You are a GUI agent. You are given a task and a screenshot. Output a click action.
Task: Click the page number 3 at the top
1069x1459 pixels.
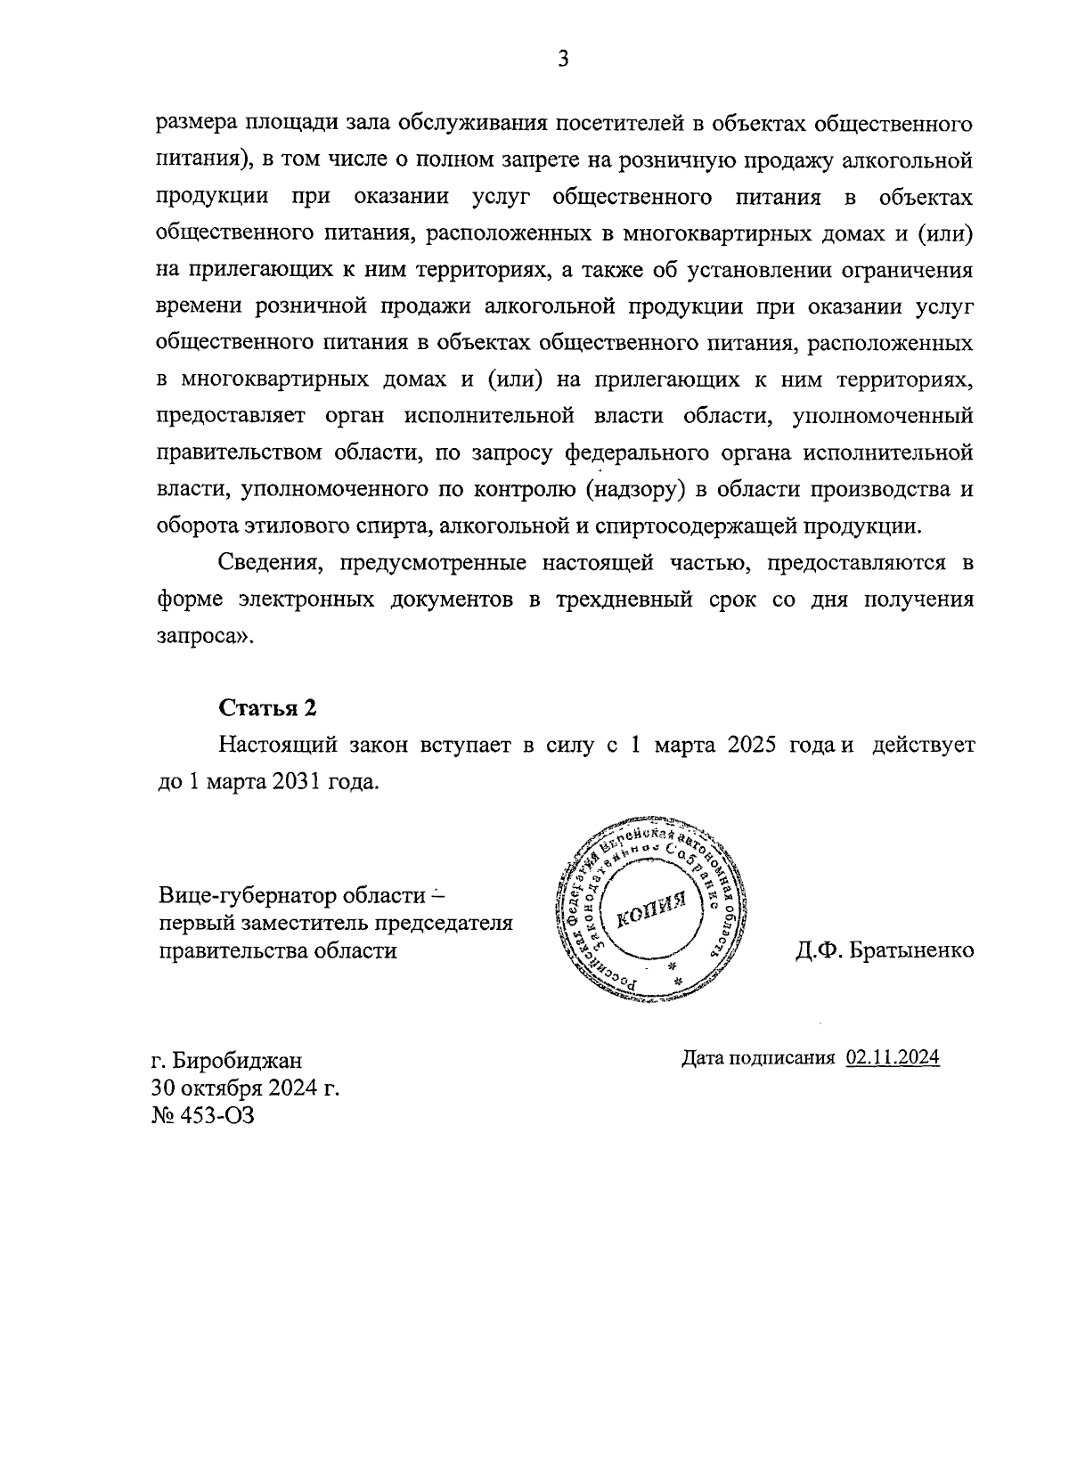coord(561,60)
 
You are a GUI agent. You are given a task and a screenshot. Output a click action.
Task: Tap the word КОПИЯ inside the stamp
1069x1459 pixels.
coord(648,910)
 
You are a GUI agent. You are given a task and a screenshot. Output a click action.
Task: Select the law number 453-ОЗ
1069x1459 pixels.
coord(218,1115)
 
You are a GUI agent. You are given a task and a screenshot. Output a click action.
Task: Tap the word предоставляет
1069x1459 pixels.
coord(230,417)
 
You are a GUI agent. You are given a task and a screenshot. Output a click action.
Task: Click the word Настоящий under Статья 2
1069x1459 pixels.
coord(271,745)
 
